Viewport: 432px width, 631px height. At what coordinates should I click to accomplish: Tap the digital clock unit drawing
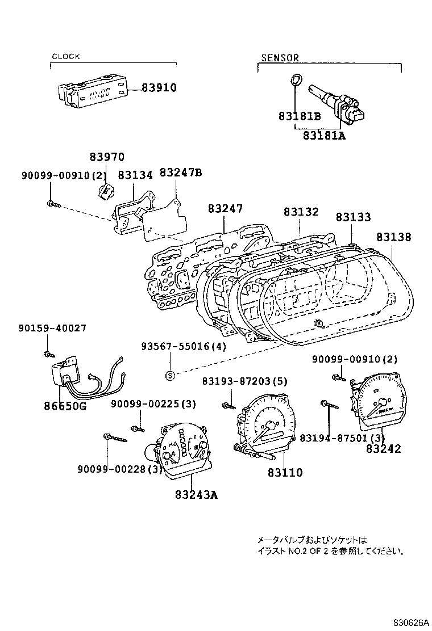click(91, 92)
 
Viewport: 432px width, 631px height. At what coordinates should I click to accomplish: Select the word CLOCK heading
click(66, 57)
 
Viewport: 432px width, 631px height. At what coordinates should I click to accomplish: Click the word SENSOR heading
click(280, 58)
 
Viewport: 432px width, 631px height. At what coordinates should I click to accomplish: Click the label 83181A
click(324, 136)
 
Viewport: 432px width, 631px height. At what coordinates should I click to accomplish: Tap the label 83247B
click(180, 173)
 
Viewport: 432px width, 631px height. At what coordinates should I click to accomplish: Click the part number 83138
click(393, 237)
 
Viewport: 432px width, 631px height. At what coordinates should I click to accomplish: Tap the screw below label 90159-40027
click(47, 355)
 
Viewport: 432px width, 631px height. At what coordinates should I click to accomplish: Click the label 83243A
click(197, 494)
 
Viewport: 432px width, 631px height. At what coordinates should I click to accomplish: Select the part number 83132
click(301, 212)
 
